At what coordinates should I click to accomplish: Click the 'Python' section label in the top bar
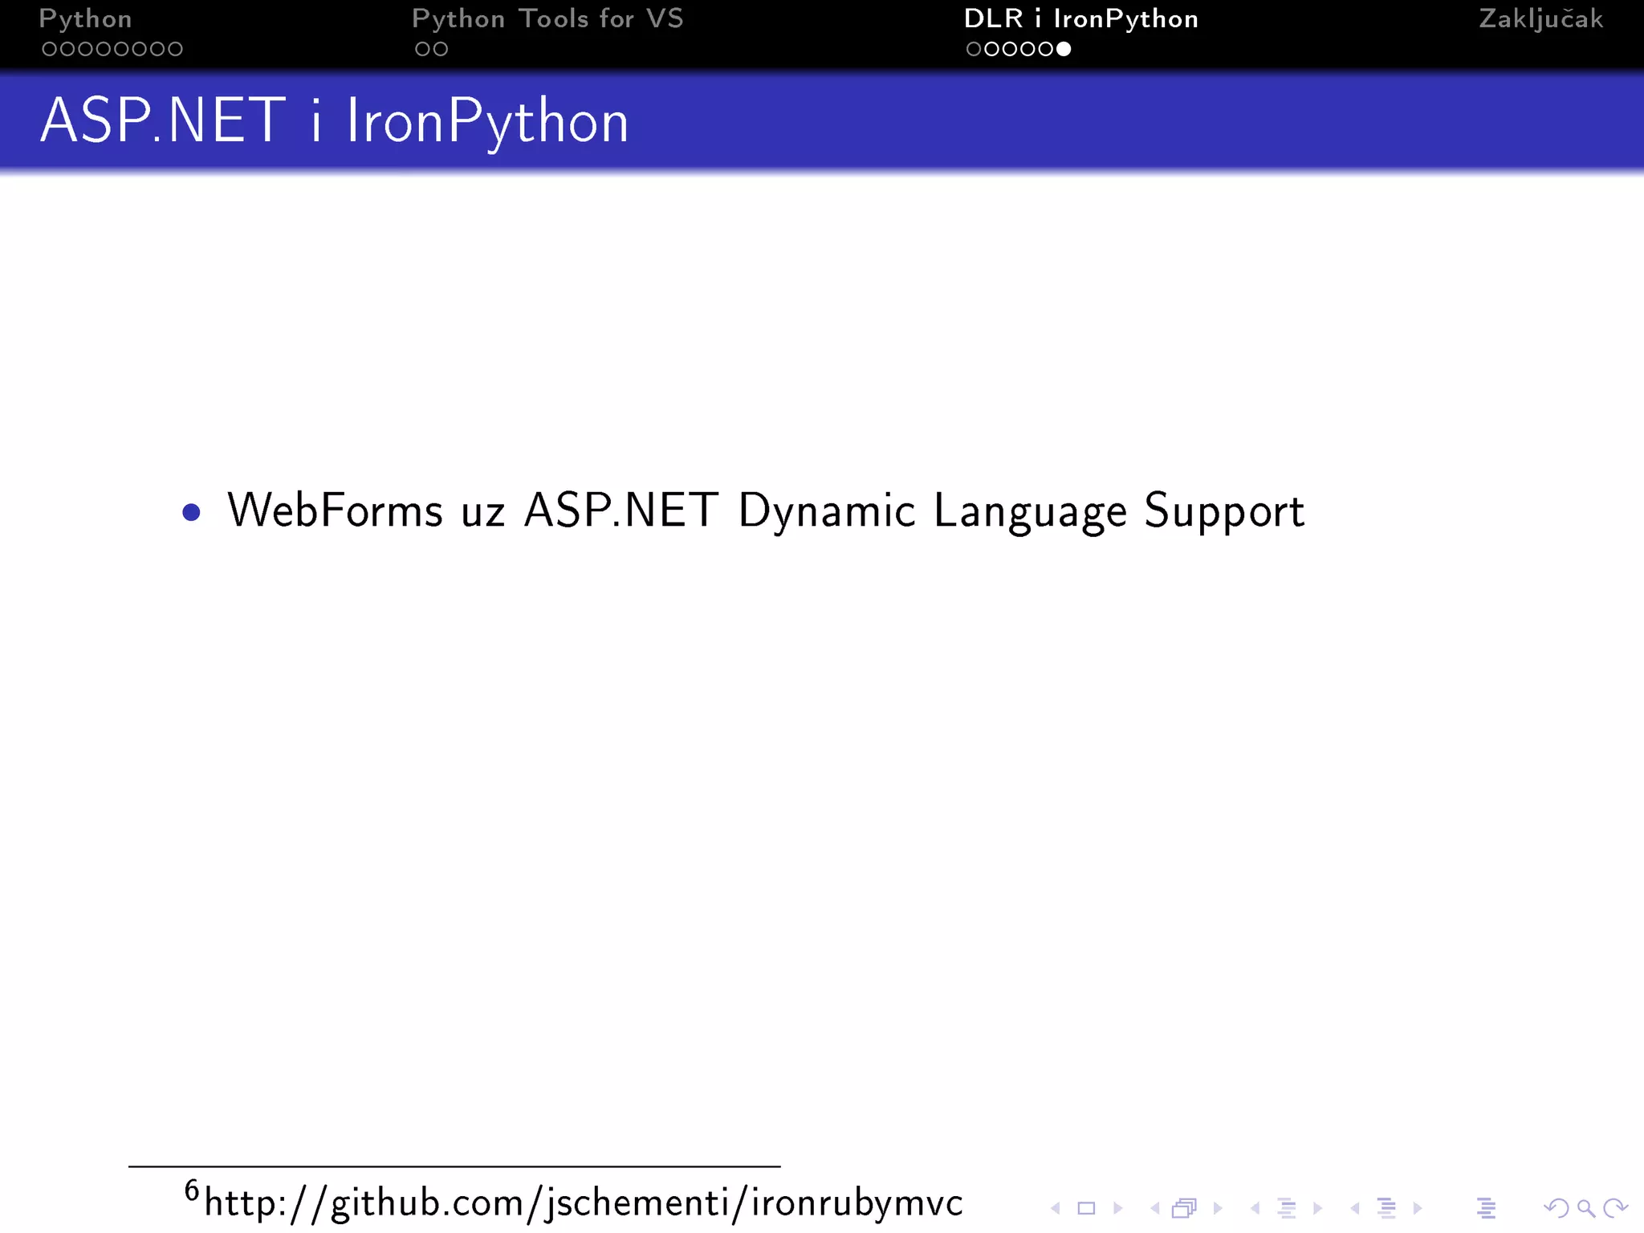[85, 19]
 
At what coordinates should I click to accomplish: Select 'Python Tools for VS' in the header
[547, 19]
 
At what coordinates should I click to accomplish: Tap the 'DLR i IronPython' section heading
[1080, 19]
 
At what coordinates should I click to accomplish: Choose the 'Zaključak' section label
[1540, 19]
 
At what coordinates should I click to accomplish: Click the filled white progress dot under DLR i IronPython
[1064, 50]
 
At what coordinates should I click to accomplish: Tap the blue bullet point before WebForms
[191, 512]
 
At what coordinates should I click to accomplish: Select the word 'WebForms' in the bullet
[335, 511]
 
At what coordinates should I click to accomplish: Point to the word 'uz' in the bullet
[482, 514]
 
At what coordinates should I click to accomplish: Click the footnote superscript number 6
[192, 1190]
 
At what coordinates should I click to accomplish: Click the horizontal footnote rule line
[454, 1166]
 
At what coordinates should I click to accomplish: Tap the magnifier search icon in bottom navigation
[1585, 1208]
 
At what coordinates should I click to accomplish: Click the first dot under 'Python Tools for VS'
[422, 50]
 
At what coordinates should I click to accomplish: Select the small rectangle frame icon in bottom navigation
[1086, 1208]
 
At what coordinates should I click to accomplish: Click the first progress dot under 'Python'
[50, 50]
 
